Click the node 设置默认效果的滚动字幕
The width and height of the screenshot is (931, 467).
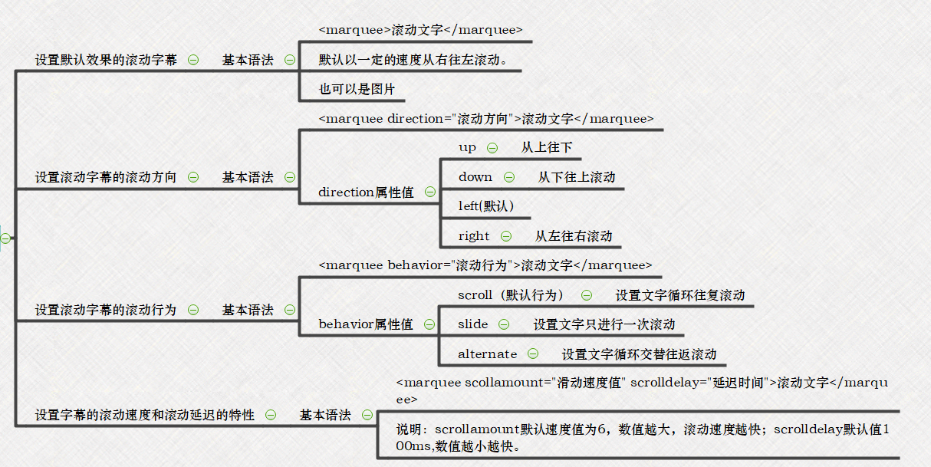click(x=106, y=60)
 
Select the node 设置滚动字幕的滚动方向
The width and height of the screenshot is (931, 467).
click(x=106, y=177)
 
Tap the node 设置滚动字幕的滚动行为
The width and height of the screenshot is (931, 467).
click(x=106, y=310)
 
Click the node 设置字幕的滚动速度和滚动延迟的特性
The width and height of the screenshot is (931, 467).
click(x=145, y=415)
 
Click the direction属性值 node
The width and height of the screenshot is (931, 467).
click(x=366, y=192)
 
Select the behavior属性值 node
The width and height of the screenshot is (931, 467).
click(x=366, y=324)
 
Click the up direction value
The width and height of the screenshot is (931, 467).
click(x=467, y=147)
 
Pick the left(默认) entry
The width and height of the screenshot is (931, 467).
click(x=485, y=206)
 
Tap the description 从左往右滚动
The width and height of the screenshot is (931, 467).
click(x=574, y=236)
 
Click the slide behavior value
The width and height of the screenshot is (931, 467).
click(x=472, y=324)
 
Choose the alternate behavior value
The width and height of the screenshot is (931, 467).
click(x=487, y=354)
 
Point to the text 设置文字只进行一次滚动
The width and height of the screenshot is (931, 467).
click(x=604, y=324)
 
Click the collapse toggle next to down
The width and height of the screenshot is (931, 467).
click(x=509, y=177)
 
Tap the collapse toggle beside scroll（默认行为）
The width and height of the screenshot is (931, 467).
click(x=587, y=295)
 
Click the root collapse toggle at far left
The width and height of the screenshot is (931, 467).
click(x=5, y=238)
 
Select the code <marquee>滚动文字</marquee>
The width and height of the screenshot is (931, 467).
click(x=420, y=31)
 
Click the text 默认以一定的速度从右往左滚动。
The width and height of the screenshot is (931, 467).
click(x=414, y=60)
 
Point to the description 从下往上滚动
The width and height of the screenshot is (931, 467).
click(x=577, y=177)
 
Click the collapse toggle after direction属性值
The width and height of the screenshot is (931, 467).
click(x=430, y=192)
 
